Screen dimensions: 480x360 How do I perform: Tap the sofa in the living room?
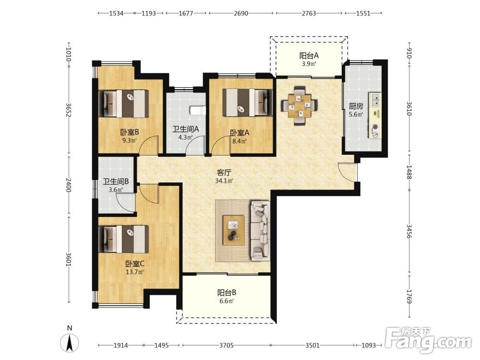[260, 231]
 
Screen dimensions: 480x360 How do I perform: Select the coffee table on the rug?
[234, 230]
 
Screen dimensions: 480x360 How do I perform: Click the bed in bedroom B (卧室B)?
[124, 104]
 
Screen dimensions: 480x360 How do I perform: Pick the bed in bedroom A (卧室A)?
[247, 103]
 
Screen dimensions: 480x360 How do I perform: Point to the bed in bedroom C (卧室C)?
[124, 239]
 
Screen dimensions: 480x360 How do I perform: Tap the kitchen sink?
[376, 99]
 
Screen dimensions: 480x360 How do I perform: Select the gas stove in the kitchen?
[375, 131]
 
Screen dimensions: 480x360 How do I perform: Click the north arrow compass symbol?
[70, 342]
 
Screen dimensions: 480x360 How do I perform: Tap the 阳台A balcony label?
[309, 56]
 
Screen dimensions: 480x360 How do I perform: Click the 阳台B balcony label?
[227, 292]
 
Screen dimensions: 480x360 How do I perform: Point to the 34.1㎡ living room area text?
[224, 181]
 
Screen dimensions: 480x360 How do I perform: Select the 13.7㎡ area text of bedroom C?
[135, 272]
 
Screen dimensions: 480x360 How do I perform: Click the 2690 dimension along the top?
[241, 13]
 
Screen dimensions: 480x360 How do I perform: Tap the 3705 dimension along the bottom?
[227, 345]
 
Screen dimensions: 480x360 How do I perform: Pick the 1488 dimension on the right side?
[409, 172]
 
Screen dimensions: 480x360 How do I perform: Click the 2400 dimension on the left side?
[68, 185]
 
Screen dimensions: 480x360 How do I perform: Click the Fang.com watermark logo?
[429, 340]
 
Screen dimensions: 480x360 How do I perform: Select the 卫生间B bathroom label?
[116, 181]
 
